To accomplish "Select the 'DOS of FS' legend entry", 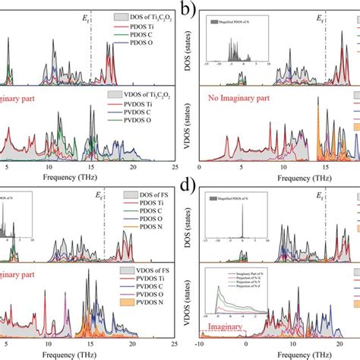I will pyautogui.click(x=144, y=196).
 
